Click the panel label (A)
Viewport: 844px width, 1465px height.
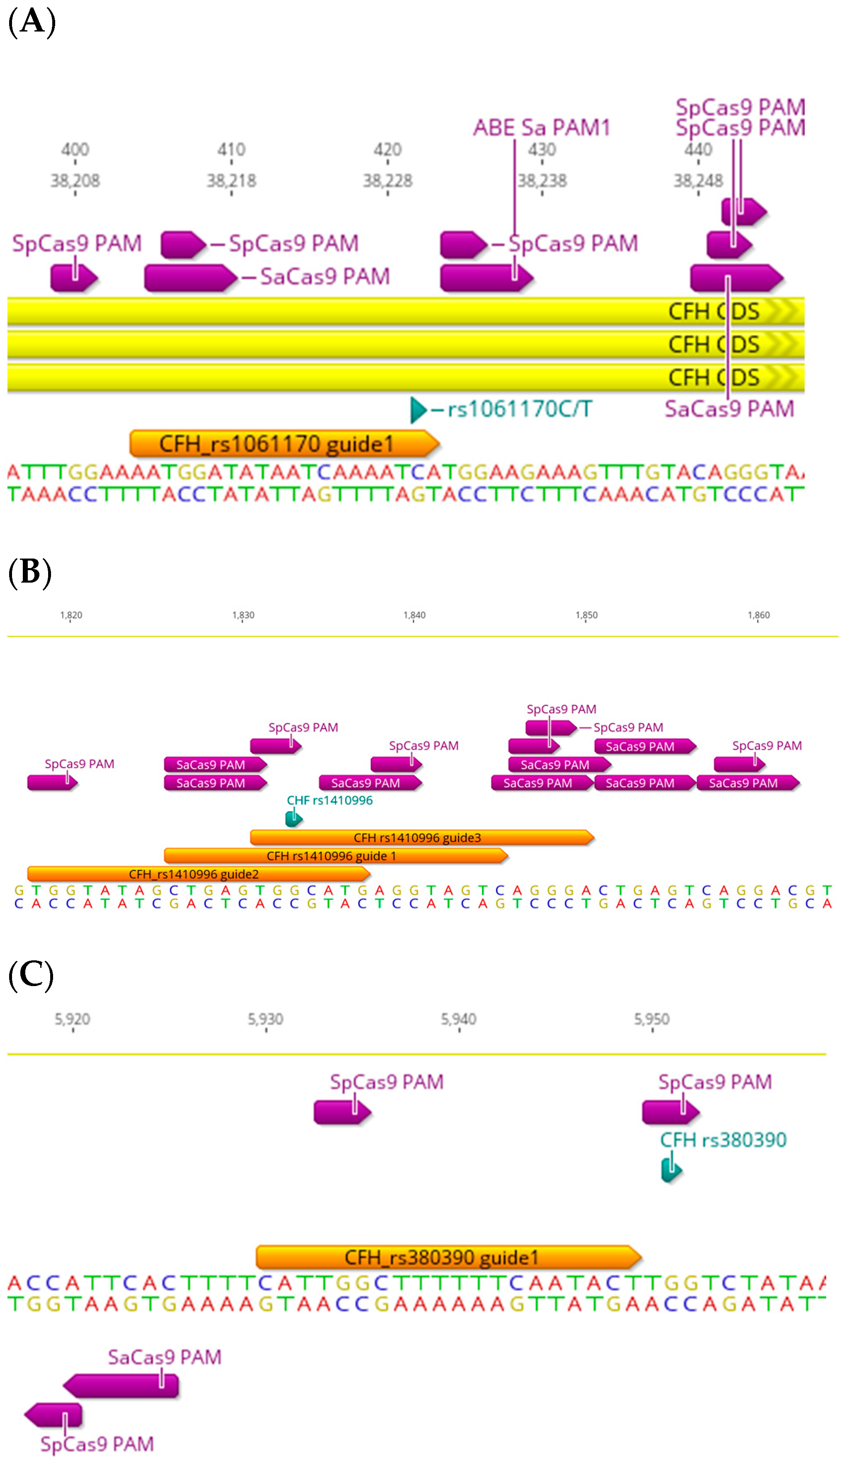32,22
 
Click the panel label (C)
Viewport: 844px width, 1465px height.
31,975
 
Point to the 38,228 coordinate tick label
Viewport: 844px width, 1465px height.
387,181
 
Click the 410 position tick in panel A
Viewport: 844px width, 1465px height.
231,150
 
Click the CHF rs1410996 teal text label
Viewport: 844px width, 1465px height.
329,800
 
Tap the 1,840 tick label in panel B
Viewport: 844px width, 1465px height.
414,615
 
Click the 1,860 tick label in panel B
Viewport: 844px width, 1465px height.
758,615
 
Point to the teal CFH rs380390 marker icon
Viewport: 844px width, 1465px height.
671,1170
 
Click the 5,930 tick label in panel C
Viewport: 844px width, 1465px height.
265,1019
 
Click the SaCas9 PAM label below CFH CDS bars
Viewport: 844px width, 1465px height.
729,410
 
